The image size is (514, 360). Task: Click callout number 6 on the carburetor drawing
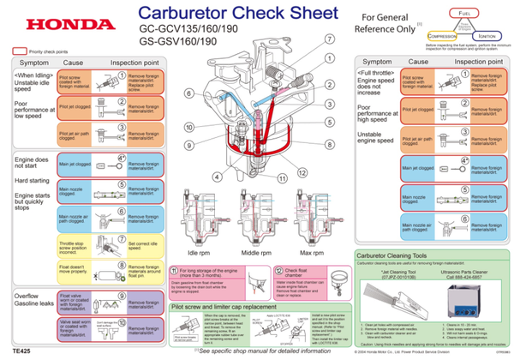pos(190,92)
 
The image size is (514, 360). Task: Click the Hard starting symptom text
pos(32,182)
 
